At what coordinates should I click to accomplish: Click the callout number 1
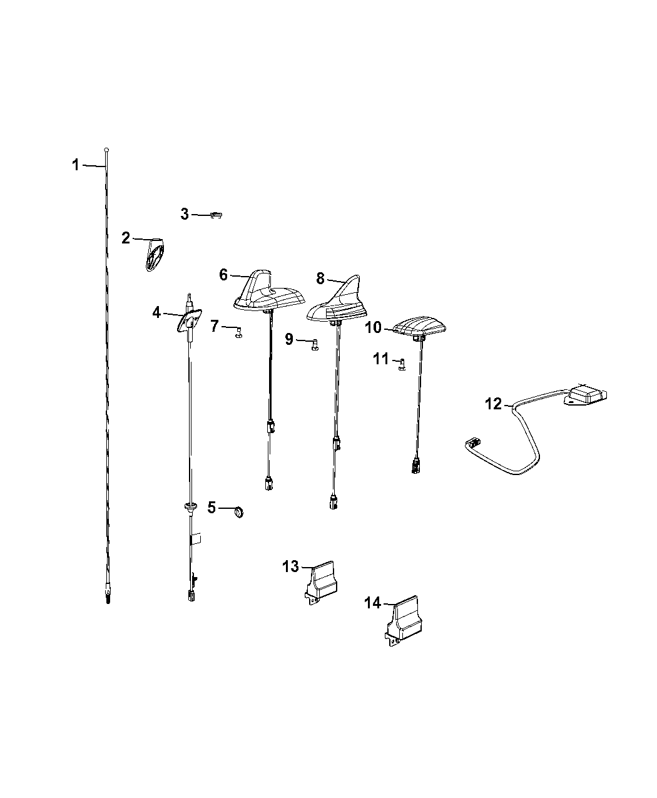click(x=75, y=165)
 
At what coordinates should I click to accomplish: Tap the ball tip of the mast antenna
click(x=107, y=150)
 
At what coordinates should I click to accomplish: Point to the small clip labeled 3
click(x=216, y=215)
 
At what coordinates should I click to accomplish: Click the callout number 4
click(x=156, y=311)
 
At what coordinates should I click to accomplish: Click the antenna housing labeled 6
click(x=267, y=293)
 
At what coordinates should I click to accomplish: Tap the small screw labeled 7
click(x=238, y=332)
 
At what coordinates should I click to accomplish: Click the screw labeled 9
click(x=315, y=344)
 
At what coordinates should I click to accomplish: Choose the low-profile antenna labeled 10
click(x=418, y=327)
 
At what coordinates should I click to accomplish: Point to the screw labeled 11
click(x=401, y=364)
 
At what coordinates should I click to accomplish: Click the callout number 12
click(x=494, y=404)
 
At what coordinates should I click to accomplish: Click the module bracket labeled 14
click(x=403, y=622)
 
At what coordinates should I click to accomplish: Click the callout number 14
click(x=372, y=603)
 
